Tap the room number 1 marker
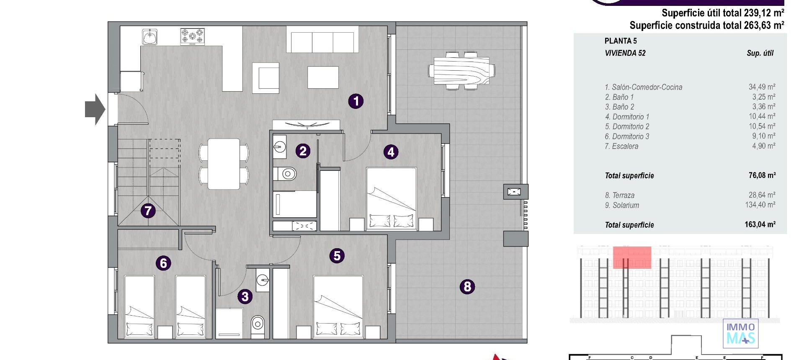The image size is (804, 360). (356, 101)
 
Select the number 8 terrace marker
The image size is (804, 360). (467, 287)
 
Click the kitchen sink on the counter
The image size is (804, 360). (149, 37)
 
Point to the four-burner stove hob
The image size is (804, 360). (193, 37)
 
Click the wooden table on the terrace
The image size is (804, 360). (461, 71)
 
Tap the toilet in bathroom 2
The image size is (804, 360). (287, 173)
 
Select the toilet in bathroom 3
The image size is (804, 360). (258, 324)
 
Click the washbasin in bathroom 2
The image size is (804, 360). (280, 147)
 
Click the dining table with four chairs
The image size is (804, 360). (224, 164)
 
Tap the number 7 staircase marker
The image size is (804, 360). (148, 211)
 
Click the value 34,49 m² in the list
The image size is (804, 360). (762, 87)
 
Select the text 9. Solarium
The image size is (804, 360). (622, 206)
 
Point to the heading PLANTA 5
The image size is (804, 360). (621, 41)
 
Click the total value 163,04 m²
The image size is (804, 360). (760, 225)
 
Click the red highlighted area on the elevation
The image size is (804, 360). (632, 257)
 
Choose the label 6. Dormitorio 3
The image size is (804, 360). (627, 136)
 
